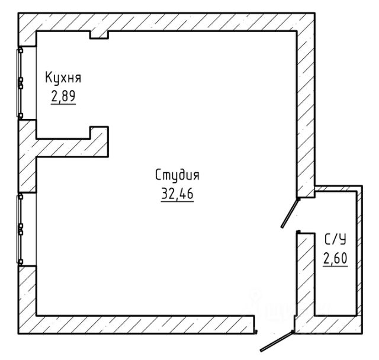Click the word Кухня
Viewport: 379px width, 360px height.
click(x=63, y=78)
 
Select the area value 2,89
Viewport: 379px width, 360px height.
click(x=63, y=96)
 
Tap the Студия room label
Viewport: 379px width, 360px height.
click(x=177, y=175)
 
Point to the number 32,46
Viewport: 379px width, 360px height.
click(x=177, y=193)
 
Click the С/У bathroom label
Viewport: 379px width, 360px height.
click(x=335, y=240)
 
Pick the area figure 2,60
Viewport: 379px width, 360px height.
click(x=335, y=258)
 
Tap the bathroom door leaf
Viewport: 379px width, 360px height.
click(x=290, y=213)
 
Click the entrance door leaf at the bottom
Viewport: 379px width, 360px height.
click(x=277, y=341)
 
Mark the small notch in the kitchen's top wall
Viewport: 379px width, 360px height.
click(x=99, y=35)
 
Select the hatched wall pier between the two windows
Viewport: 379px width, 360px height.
click(x=27, y=156)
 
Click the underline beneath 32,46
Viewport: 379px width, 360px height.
click(x=177, y=201)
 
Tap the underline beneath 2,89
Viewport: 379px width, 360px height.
click(x=63, y=104)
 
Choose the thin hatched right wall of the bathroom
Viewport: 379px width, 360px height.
click(x=359, y=251)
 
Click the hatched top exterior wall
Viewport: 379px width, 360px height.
click(x=167, y=22)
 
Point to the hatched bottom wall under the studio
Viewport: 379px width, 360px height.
click(x=145, y=324)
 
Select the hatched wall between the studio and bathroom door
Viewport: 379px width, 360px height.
click(x=306, y=114)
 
